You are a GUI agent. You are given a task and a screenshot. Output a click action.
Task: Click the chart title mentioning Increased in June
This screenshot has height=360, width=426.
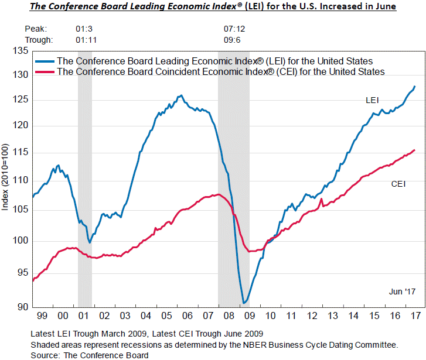click(213, 6)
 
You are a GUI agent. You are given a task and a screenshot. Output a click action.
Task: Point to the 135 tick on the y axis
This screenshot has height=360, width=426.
click(22, 51)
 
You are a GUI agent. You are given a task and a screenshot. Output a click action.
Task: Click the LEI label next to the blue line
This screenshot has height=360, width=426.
click(372, 101)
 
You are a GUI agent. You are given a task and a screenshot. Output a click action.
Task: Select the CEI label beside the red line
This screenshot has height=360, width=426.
click(398, 184)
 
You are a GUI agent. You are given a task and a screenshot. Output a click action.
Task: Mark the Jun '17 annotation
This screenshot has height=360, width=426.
click(402, 291)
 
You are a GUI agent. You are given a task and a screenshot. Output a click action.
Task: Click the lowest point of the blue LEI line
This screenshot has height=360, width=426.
click(243, 303)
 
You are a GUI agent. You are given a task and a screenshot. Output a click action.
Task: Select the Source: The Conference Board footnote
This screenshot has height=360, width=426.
click(90, 355)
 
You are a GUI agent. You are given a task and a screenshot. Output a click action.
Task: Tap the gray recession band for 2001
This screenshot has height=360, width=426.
click(85, 176)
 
